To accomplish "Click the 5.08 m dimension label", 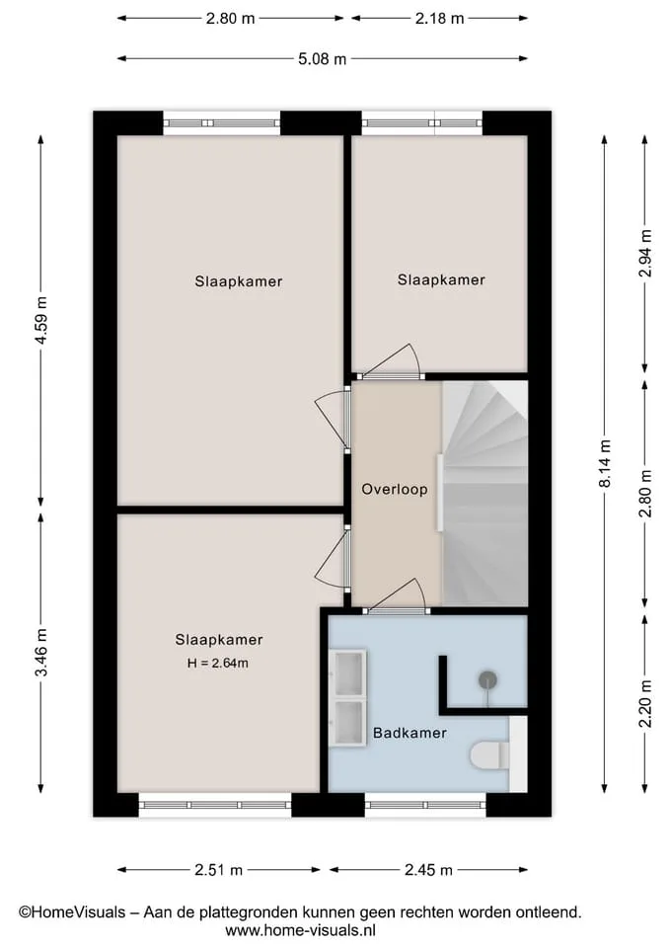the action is tap(322, 58).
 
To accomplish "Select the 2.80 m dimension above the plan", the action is tap(230, 18).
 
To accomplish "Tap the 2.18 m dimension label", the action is tap(439, 18).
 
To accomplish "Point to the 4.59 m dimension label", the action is tap(41, 320).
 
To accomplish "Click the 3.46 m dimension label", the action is tap(41, 653).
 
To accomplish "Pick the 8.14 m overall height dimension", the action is tap(605, 464).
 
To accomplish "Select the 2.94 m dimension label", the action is tap(645, 254).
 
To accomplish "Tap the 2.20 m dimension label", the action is tap(645, 704).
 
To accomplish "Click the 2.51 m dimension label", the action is tap(218, 870).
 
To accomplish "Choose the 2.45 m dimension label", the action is tap(428, 870).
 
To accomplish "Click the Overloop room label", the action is tap(395, 489).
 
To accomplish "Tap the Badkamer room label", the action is tap(409, 733).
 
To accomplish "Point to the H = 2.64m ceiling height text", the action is tap(217, 664).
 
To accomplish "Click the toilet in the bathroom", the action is tap(490, 754).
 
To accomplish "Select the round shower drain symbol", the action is tap(488, 680).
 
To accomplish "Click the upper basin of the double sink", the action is tap(348, 673).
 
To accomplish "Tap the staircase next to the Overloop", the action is tap(485, 493).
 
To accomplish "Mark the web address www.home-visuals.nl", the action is tap(300, 930).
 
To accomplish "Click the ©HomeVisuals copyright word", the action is tap(72, 912).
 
